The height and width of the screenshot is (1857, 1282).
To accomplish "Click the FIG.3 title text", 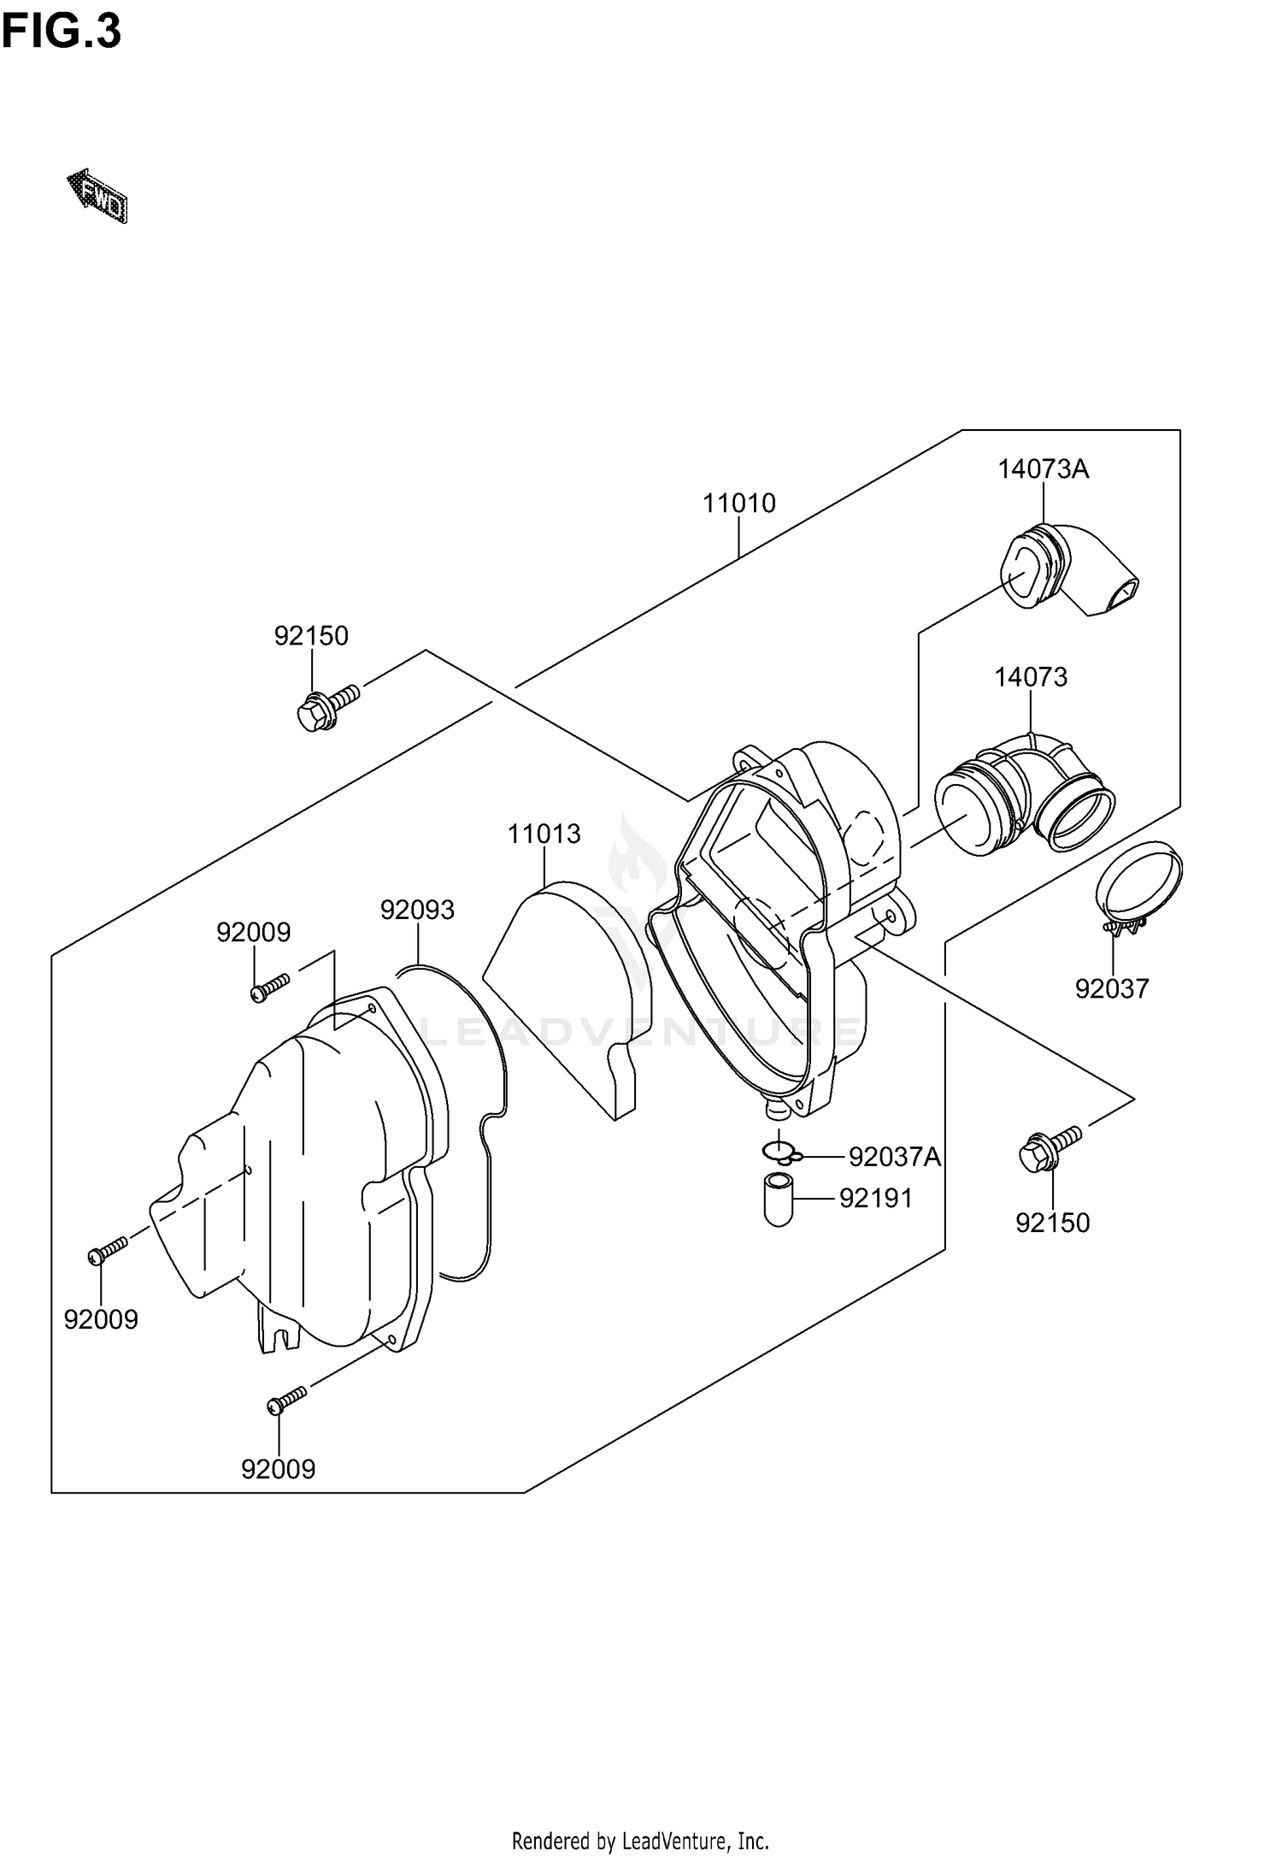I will coord(61,32).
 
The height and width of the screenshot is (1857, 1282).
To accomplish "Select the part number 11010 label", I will coord(739,503).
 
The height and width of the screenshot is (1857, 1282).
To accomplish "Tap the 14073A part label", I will coord(1043,469).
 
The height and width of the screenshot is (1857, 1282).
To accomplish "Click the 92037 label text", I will coord(1111,988).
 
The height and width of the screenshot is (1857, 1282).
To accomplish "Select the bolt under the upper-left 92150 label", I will coord(327,705).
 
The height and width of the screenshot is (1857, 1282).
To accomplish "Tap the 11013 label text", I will coord(544,834).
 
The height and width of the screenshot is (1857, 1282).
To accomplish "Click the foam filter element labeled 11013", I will coord(568,1000).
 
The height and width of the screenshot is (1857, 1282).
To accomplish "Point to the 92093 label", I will coord(417,910).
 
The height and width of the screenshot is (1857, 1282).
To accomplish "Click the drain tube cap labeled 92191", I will coord(778,1200).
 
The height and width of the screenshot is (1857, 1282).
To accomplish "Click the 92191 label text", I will coord(875,1199).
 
